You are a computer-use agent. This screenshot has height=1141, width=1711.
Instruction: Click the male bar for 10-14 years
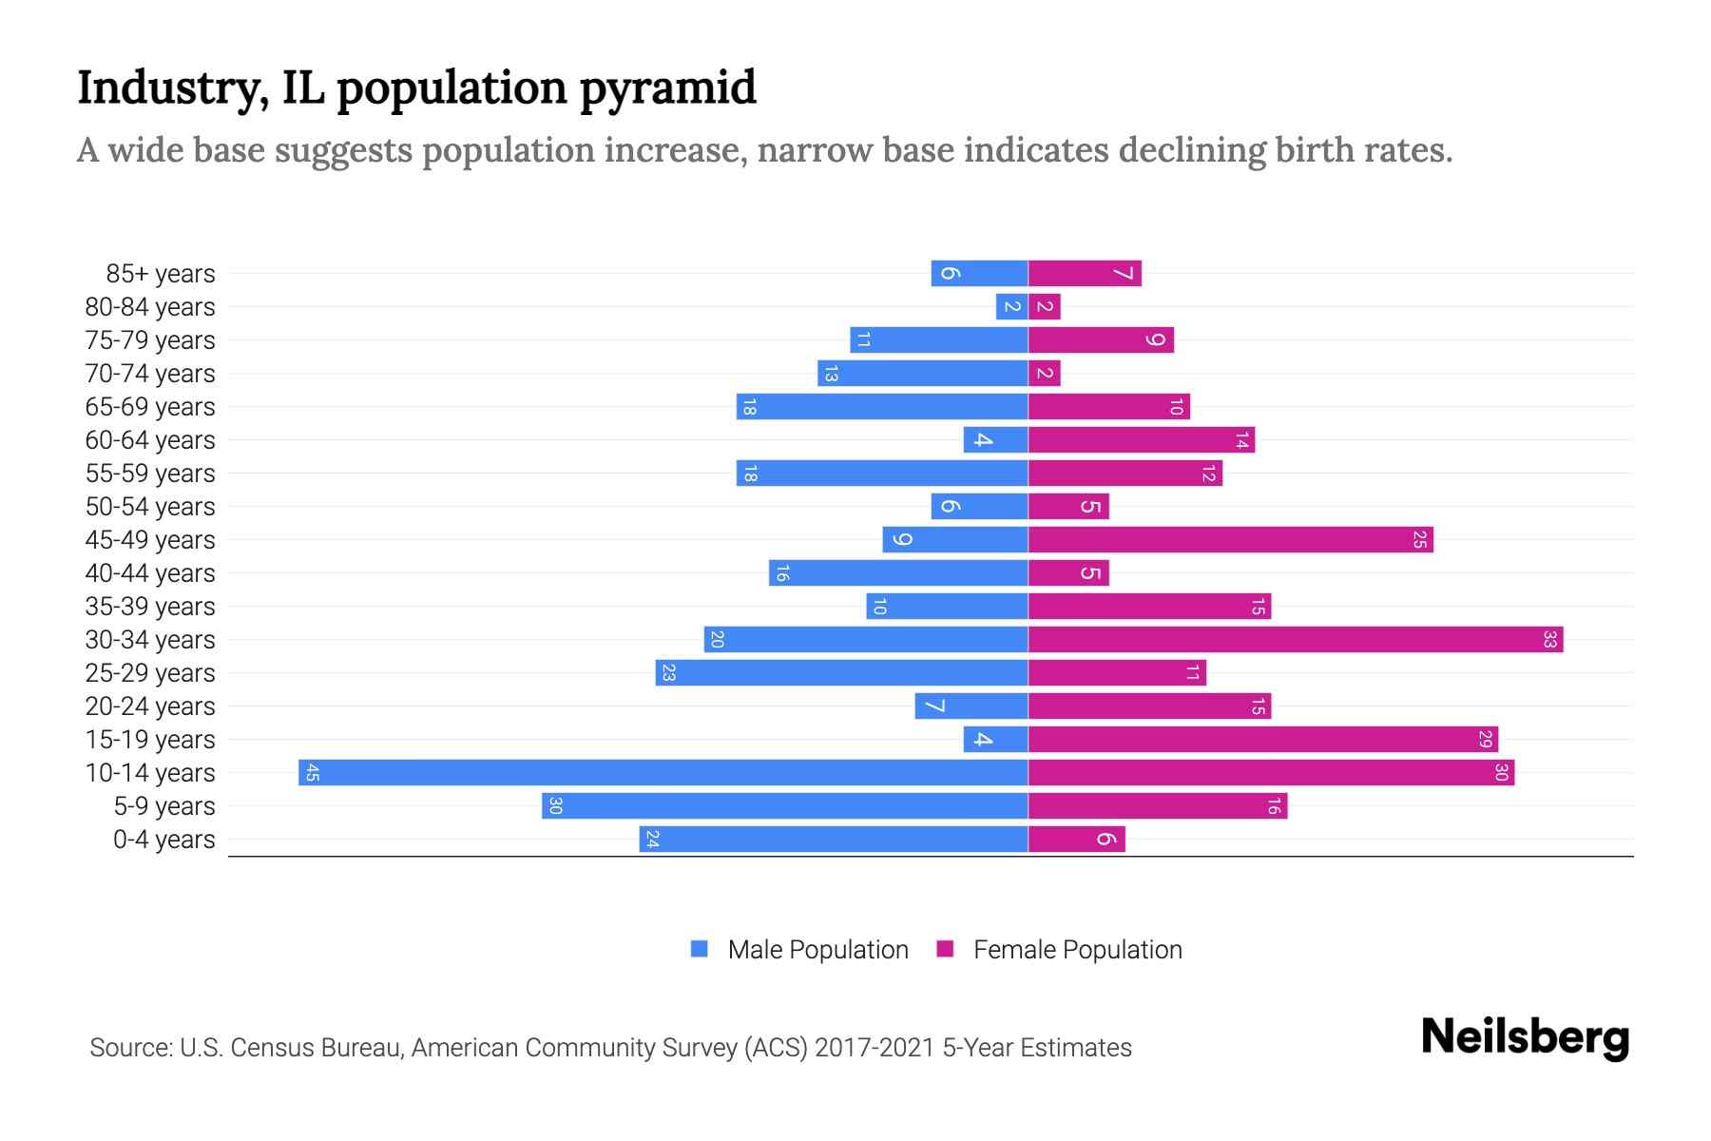tap(663, 772)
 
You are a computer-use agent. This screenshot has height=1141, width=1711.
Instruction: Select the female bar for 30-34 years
tap(1295, 639)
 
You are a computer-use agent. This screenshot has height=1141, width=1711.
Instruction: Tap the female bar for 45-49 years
tap(1230, 539)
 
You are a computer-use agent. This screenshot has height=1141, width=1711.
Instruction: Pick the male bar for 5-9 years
tap(784, 805)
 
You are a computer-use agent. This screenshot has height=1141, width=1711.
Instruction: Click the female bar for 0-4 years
tap(1076, 839)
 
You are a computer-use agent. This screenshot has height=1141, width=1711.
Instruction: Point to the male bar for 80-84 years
tap(1011, 306)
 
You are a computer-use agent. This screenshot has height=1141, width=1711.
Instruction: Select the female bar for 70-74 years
tap(1044, 373)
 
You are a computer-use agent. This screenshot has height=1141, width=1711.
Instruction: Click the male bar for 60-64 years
tap(995, 439)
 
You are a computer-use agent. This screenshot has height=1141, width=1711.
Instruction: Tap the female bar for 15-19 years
tap(1262, 739)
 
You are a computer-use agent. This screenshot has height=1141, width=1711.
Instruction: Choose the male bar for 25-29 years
tap(841, 672)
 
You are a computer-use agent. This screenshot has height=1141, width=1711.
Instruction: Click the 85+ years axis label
tap(161, 274)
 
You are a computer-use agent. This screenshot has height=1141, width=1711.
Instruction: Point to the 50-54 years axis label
tap(150, 507)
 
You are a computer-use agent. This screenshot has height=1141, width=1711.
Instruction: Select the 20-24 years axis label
tap(150, 706)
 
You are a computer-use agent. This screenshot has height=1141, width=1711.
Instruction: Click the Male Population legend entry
tap(817, 949)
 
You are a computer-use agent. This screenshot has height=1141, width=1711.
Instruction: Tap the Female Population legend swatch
tap(945, 949)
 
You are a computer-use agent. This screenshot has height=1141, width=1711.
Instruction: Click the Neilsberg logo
tap(1525, 1037)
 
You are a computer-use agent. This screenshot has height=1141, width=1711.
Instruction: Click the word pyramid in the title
tap(667, 88)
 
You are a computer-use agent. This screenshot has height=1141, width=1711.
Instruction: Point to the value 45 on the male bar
tap(312, 772)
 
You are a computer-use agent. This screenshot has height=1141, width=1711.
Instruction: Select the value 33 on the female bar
tap(1549, 639)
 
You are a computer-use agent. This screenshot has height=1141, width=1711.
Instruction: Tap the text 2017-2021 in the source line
tap(875, 1048)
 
